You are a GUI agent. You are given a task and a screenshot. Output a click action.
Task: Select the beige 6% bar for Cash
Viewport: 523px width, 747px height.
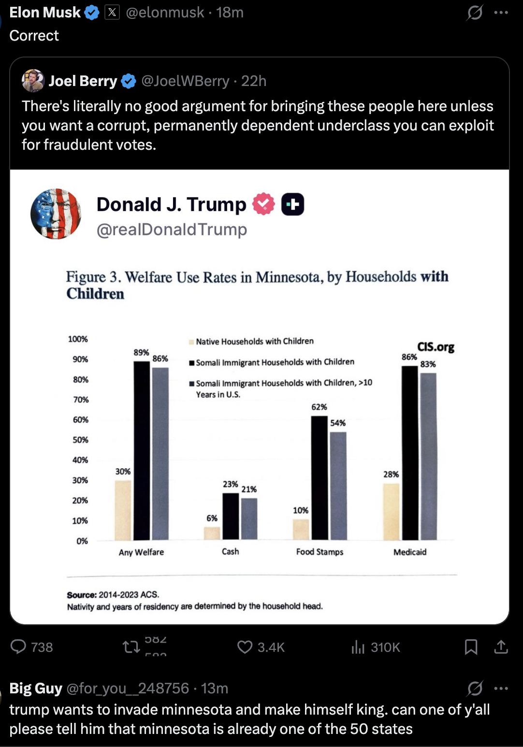click(x=212, y=533)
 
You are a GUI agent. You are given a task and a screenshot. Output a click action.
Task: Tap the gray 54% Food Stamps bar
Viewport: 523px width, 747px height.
click(x=338, y=486)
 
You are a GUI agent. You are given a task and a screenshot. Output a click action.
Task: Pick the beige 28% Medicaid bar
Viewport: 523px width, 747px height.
click(x=391, y=512)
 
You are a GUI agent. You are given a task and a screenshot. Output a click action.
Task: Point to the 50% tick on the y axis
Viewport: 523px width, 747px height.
click(x=80, y=440)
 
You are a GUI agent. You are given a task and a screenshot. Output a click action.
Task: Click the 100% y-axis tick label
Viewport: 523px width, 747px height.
click(x=78, y=339)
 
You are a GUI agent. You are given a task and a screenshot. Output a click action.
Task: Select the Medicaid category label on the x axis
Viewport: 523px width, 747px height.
click(x=410, y=552)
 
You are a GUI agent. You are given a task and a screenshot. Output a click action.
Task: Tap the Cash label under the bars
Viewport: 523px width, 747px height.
click(x=230, y=551)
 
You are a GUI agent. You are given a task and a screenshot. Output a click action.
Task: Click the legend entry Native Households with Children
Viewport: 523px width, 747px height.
click(x=254, y=342)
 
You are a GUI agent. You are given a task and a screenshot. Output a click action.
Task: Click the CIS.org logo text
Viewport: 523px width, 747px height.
click(x=436, y=347)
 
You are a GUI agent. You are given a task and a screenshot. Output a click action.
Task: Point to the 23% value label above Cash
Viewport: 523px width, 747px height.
click(x=230, y=484)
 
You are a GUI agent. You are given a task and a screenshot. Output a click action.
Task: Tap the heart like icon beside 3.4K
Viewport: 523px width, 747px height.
click(x=245, y=647)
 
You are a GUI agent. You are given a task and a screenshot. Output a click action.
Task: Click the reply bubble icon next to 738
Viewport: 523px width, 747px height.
click(x=18, y=647)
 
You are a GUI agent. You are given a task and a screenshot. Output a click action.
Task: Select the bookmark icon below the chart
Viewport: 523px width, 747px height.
click(x=471, y=647)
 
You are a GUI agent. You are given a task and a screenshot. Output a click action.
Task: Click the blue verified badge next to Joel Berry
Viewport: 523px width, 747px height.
click(x=128, y=81)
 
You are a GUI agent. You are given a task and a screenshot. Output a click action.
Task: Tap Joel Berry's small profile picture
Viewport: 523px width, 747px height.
click(x=33, y=81)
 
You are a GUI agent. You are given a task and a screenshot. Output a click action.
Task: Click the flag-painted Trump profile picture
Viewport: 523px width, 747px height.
click(x=56, y=214)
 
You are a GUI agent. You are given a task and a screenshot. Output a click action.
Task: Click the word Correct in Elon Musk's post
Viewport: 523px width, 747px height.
click(x=34, y=36)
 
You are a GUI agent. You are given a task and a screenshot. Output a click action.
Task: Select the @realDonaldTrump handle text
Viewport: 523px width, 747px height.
click(x=172, y=230)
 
